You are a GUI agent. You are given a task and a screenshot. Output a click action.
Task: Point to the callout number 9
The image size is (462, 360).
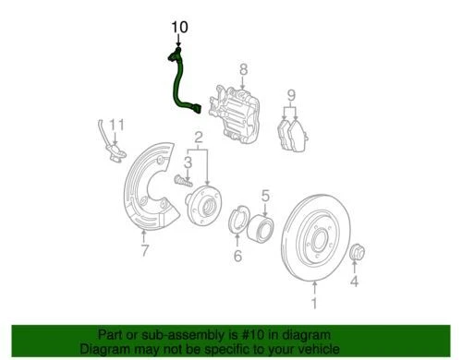[x=290, y=95]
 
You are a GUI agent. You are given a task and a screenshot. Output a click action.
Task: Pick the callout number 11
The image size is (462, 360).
[x=115, y=126]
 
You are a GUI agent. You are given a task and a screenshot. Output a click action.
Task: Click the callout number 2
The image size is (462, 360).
[x=198, y=141]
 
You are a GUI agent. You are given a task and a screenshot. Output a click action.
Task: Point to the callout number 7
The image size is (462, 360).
[x=145, y=251]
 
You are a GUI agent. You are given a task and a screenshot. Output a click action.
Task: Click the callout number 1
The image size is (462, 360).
[x=312, y=303]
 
